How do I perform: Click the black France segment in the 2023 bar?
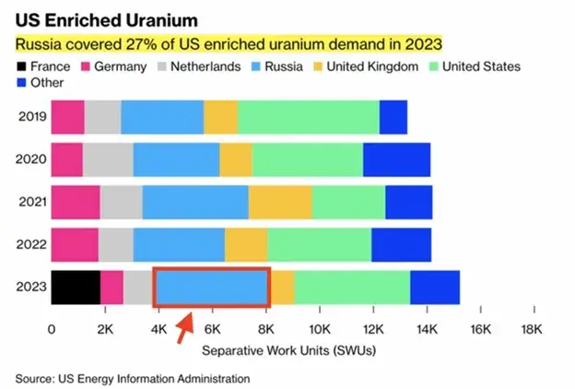(76, 288)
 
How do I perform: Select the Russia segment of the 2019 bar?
(162, 117)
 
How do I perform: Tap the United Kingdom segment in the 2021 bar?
(280, 202)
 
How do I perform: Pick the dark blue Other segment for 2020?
(396, 159)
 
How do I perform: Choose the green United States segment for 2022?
(320, 244)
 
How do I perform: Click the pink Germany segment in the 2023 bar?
(111, 288)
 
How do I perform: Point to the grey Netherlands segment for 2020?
(108, 159)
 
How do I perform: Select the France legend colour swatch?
(22, 66)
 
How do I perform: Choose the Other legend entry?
(45, 83)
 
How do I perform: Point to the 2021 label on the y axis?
(30, 202)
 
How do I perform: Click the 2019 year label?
(30, 117)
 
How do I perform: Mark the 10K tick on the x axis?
(320, 330)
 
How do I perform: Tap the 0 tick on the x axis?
(52, 330)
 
